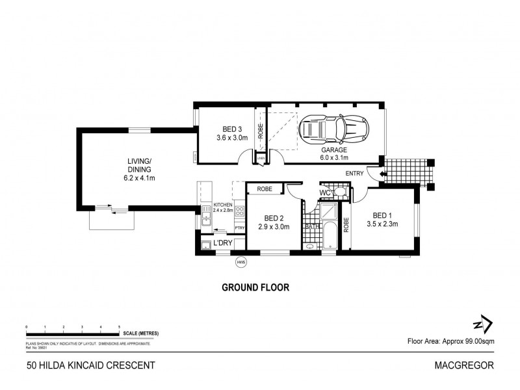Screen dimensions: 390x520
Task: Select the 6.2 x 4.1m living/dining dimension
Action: [139, 177]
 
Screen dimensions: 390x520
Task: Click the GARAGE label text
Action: [333, 149]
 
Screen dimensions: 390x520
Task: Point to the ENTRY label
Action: [355, 173]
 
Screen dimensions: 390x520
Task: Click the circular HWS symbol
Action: [242, 263]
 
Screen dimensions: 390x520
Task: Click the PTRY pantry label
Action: [239, 227]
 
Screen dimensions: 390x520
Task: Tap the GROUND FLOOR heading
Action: [255, 287]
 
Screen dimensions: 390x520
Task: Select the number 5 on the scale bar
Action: [120, 326]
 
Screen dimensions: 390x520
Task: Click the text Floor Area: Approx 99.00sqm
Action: [450, 340]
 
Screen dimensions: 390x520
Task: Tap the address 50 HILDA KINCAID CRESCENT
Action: [91, 365]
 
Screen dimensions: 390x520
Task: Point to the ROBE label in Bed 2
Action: [264, 188]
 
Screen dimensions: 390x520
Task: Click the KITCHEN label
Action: [222, 204]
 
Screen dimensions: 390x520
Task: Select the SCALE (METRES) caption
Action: [140, 333]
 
